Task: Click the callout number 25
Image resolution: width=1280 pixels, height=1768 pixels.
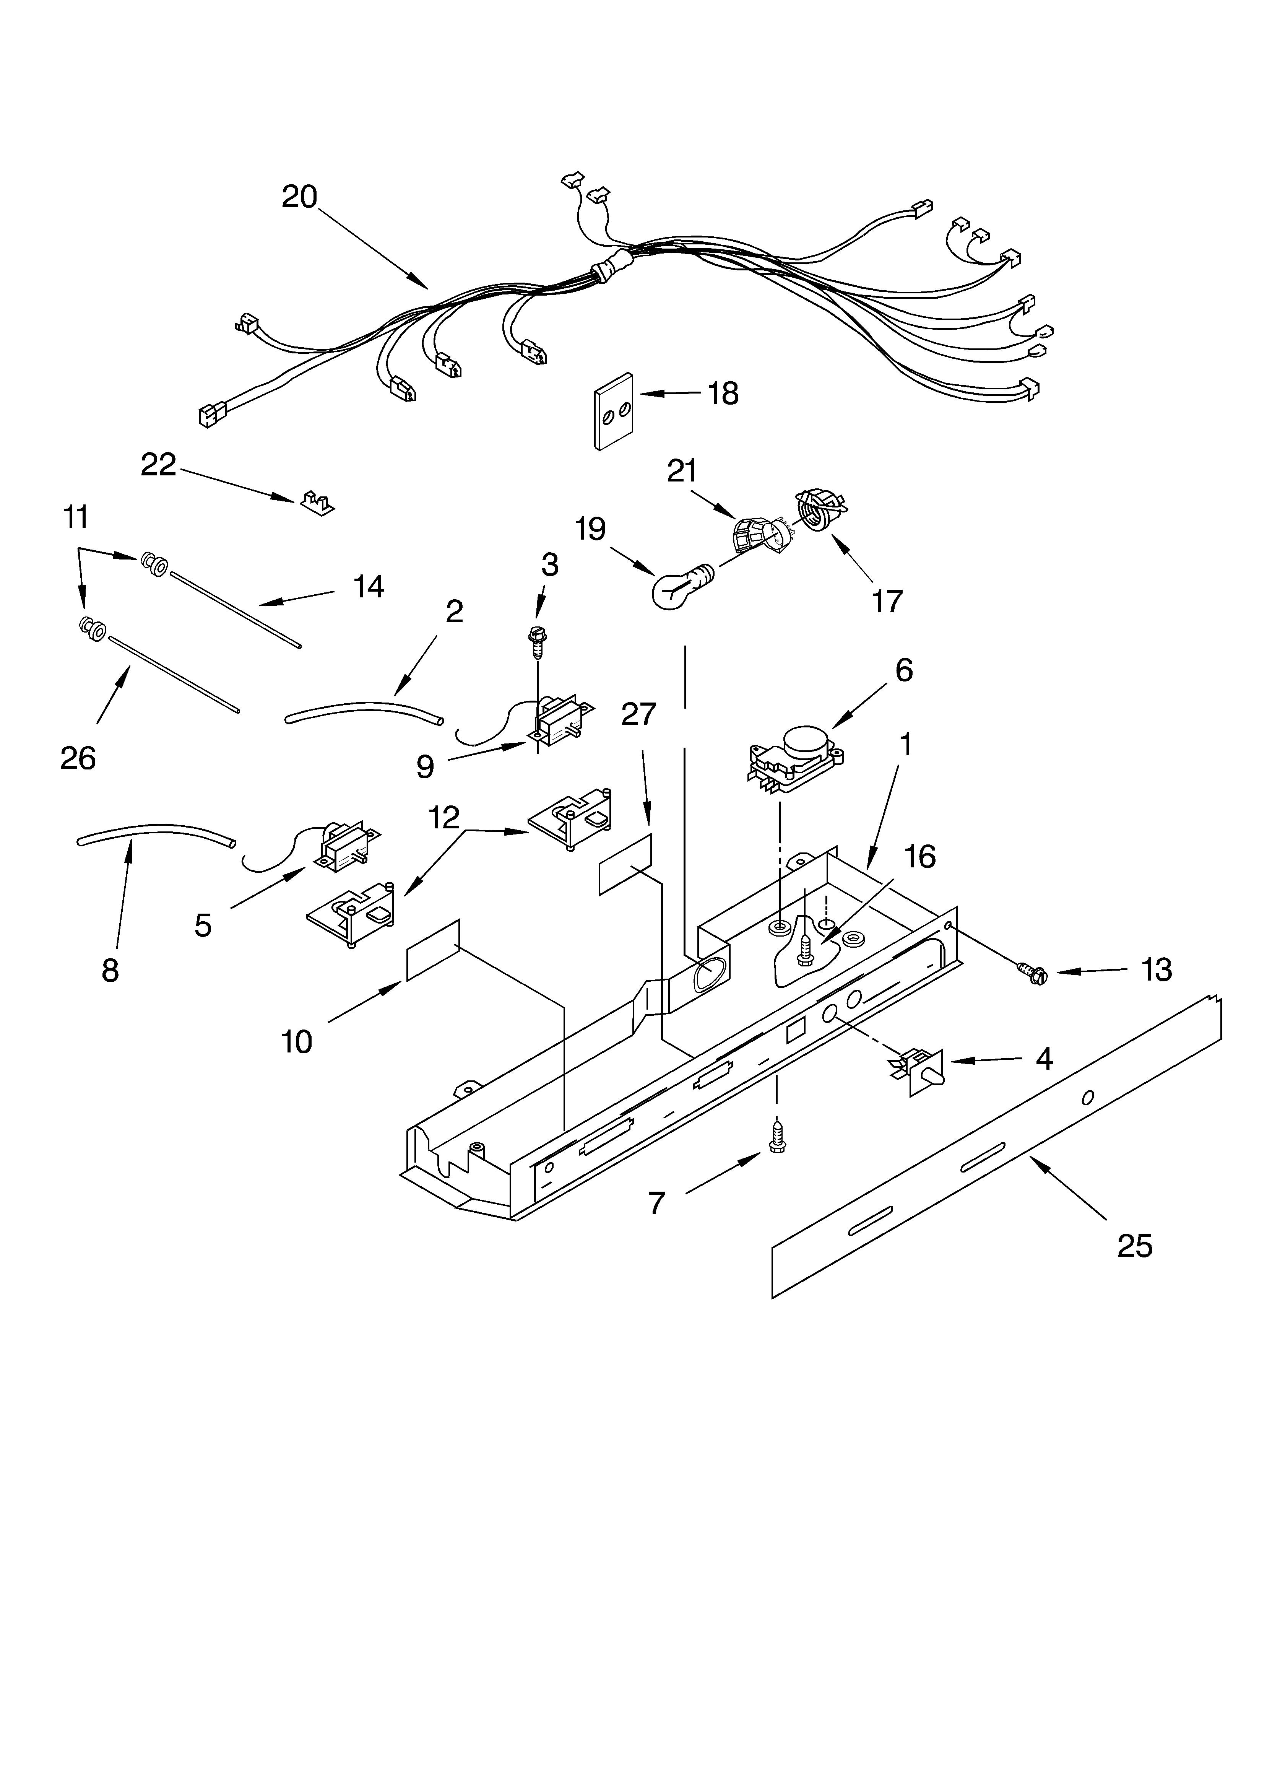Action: click(x=1134, y=1246)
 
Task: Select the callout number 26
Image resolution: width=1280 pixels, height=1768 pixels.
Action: click(x=78, y=758)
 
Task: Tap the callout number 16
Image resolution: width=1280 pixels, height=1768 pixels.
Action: click(x=920, y=857)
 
